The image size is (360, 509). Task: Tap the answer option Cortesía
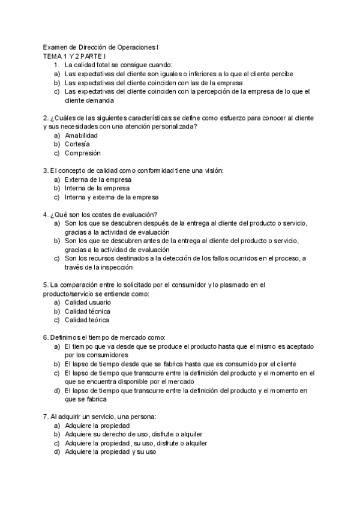77,144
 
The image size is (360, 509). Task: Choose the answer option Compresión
82,153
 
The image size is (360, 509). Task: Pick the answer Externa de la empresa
98,179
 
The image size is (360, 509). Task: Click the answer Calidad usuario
88,303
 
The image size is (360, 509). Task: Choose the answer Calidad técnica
87,312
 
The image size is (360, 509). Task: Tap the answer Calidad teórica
87,321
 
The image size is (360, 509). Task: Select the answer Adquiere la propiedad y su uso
110,452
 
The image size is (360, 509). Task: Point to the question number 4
46,214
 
